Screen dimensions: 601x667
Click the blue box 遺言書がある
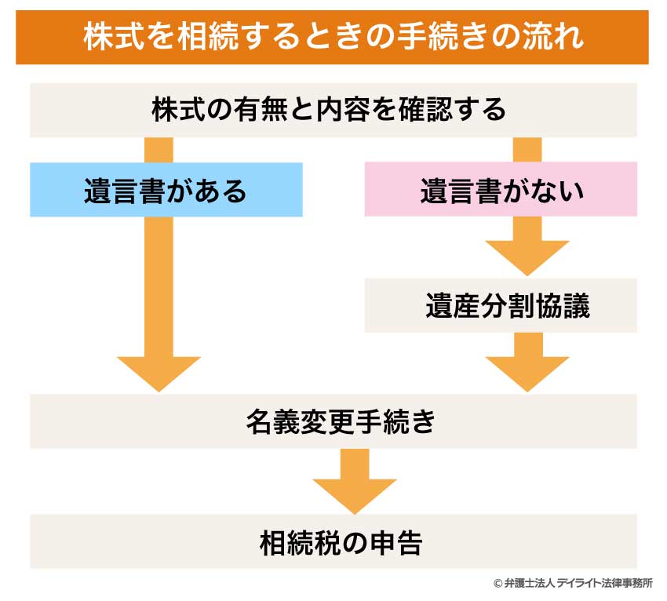pyautogui.click(x=166, y=189)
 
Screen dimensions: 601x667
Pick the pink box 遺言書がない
pyautogui.click(x=501, y=189)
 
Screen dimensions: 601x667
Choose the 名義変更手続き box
pyautogui.click(x=333, y=421)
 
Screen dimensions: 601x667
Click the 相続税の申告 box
pyautogui.click(x=333, y=541)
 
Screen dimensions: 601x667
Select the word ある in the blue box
pyautogui.click(x=223, y=190)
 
